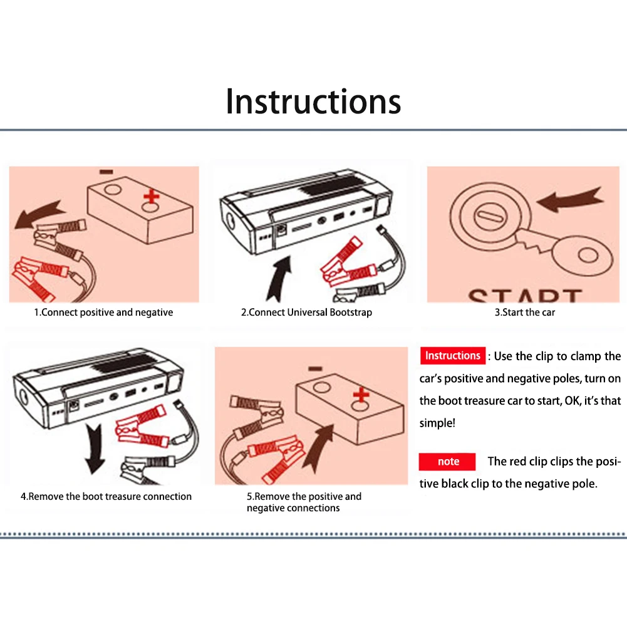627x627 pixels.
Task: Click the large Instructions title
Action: pos(313,101)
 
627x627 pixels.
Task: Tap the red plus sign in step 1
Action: pos(152,196)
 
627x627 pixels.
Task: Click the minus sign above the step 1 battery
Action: pos(106,172)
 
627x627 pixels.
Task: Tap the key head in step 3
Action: pos(583,254)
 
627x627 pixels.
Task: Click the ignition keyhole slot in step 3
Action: pos(490,216)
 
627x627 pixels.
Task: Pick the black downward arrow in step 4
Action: pos(95,448)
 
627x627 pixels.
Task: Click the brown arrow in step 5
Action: pos(318,448)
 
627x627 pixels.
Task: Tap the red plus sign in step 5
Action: pos(361,395)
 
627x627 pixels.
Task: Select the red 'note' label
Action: pos(447,462)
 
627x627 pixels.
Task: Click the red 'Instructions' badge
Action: pos(453,356)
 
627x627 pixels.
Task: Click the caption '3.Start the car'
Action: pos(525,313)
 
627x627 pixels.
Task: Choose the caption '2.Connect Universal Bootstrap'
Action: pos(306,313)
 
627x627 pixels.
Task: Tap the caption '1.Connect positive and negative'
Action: pos(103,313)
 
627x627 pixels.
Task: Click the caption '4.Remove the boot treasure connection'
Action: pos(106,496)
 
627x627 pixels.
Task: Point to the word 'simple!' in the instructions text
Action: pos(437,423)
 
